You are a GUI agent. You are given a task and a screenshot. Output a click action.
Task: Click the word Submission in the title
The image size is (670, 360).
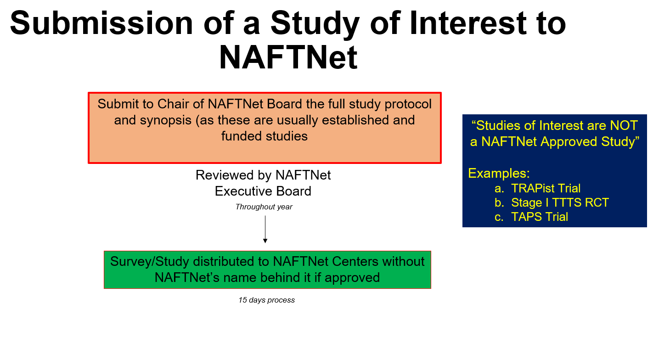[101, 23]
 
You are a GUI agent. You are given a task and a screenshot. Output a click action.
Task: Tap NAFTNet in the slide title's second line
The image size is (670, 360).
[288, 57]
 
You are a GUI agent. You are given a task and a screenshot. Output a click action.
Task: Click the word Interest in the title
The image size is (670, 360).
[468, 23]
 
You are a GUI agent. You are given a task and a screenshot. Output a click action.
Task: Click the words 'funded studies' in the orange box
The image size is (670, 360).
[265, 136]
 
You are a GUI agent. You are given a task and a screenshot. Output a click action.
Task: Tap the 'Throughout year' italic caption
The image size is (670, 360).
[264, 207]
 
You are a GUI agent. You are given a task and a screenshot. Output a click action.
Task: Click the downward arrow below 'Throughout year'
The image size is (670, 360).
[265, 229]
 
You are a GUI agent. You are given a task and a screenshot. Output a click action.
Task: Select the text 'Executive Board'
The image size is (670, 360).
[263, 191]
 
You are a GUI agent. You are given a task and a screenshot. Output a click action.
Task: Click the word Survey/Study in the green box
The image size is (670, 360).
[150, 262]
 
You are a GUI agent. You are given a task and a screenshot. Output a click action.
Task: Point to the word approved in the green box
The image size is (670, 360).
[352, 278]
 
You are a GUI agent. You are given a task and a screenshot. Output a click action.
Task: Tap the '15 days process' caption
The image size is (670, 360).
[266, 300]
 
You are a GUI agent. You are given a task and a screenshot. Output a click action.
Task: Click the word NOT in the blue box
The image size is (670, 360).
[624, 125]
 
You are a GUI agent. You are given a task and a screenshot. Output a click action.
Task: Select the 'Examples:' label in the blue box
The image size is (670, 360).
[499, 174]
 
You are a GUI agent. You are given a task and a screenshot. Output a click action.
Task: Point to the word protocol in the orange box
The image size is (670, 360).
[408, 105]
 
